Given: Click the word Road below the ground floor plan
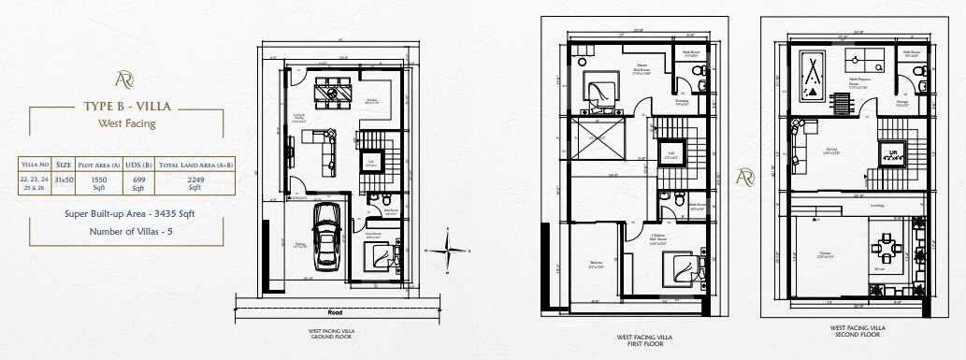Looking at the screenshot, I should (x=334, y=312).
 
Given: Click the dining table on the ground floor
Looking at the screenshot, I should (x=333, y=90).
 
